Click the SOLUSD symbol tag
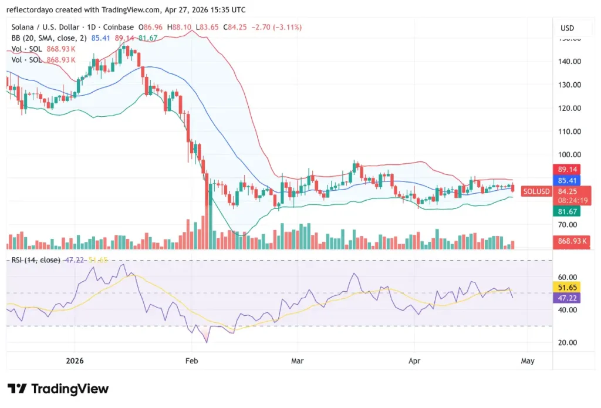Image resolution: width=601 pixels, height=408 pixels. [536, 191]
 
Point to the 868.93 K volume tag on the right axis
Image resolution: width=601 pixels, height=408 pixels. [572, 241]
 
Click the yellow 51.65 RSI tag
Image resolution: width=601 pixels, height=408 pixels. [567, 288]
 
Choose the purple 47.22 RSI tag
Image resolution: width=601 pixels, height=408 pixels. [567, 298]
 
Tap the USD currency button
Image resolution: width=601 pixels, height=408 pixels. [568, 28]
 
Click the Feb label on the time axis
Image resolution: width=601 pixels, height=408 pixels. [191, 361]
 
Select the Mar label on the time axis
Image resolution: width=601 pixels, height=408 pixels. [298, 361]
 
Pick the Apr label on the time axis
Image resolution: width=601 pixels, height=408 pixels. [415, 361]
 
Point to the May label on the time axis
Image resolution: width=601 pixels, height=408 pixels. [527, 361]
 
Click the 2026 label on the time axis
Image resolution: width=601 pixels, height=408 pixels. [75, 361]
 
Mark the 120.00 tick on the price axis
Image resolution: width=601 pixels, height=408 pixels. [569, 108]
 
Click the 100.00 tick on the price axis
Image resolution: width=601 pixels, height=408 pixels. [569, 155]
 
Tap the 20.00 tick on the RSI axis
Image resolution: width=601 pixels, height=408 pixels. [568, 343]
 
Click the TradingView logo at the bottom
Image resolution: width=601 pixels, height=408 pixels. [58, 389]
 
